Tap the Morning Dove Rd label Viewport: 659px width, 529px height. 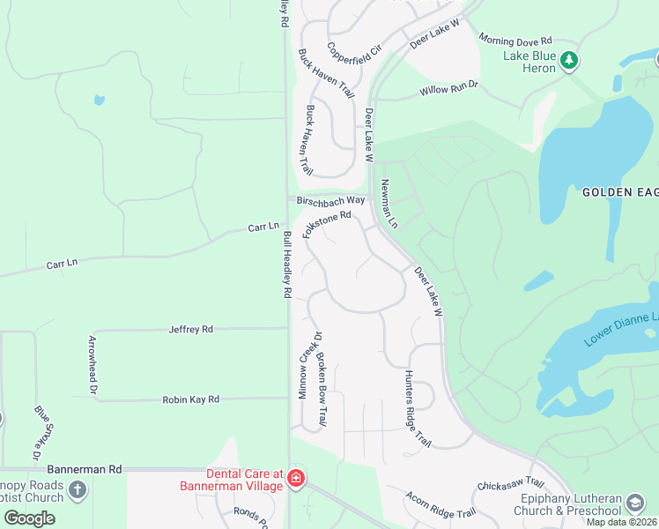tap(515, 41)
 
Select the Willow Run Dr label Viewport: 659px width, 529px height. tap(448, 88)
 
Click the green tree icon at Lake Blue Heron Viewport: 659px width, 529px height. tap(570, 60)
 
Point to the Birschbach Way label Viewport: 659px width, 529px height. tap(330, 201)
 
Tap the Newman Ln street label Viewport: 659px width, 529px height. tap(389, 204)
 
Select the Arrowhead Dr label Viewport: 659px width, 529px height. tap(93, 365)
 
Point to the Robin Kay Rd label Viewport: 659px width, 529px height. tap(190, 399)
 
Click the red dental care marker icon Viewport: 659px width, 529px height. tap(296, 480)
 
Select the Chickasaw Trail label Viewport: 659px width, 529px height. tap(510, 485)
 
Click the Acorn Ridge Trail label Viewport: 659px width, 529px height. tap(441, 505)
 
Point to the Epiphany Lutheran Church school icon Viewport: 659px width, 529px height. tap(634, 503)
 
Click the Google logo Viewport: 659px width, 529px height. tap(29, 518)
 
